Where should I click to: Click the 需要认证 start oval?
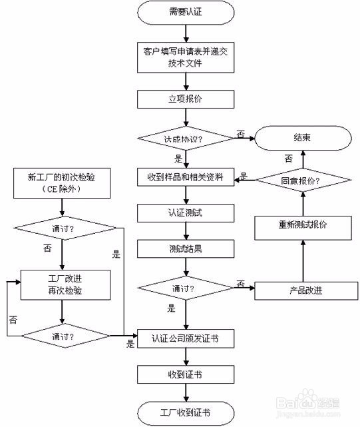tap(186, 13)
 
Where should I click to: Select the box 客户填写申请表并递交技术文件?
tap(186, 56)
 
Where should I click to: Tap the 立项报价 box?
tap(186, 99)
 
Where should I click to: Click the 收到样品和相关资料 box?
tap(186, 178)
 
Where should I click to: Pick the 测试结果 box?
tap(186, 248)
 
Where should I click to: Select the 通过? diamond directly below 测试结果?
tap(186, 290)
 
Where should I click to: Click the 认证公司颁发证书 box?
tap(186, 338)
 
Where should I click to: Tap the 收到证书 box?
tap(186, 374)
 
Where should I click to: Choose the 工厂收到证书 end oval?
tap(186, 410)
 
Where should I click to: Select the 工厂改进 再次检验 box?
tap(61, 285)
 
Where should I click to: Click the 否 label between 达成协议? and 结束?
tap(240, 135)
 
